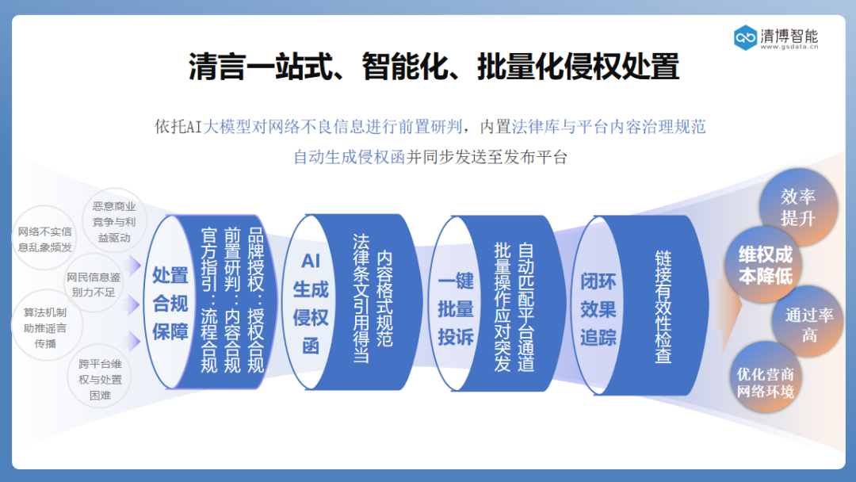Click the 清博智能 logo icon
click(745, 36)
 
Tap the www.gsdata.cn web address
click(789, 48)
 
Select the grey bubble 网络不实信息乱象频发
click(44, 239)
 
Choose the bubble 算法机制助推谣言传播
click(45, 327)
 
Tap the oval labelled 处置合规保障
click(170, 304)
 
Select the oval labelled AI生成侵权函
click(311, 304)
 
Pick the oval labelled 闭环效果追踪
click(598, 309)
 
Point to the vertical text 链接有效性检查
click(663, 307)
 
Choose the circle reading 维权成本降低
click(766, 265)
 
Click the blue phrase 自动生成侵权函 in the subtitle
click(349, 156)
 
